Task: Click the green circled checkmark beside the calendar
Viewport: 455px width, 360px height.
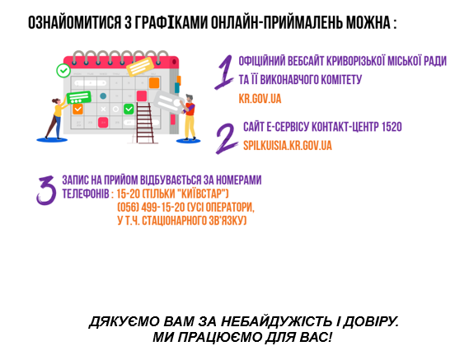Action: pyautogui.click(x=63, y=71)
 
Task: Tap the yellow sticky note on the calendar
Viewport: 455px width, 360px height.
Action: pyautogui.click(x=140, y=67)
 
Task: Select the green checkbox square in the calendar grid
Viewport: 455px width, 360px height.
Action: pyautogui.click(x=129, y=109)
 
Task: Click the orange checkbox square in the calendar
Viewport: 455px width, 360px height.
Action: pyautogui.click(x=77, y=109)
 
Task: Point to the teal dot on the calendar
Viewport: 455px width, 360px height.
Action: pyautogui.click(x=103, y=96)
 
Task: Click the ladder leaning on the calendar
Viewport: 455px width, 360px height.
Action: pyautogui.click(x=145, y=123)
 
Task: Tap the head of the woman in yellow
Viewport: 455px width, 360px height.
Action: pyautogui.click(x=56, y=101)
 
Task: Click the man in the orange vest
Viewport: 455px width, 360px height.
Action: pyautogui.click(x=190, y=117)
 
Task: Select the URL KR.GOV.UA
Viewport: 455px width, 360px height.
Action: pyautogui.click(x=260, y=99)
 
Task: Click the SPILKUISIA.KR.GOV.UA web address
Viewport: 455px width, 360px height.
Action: pyautogui.click(x=288, y=145)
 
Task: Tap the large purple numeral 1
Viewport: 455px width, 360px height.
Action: pyautogui.click(x=224, y=72)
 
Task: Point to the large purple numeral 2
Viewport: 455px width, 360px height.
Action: pyautogui.click(x=227, y=138)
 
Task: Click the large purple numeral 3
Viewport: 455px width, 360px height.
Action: pyautogui.click(x=46, y=190)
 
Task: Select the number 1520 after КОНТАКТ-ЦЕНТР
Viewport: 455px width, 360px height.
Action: pyautogui.click(x=392, y=127)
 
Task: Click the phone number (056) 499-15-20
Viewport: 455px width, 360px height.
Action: pyautogui.click(x=151, y=207)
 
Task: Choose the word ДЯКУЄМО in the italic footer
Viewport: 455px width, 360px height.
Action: pyautogui.click(x=125, y=322)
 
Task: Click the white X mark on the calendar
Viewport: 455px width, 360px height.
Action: pyautogui.click(x=103, y=109)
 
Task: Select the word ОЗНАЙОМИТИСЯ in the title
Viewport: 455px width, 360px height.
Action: pyautogui.click(x=74, y=22)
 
